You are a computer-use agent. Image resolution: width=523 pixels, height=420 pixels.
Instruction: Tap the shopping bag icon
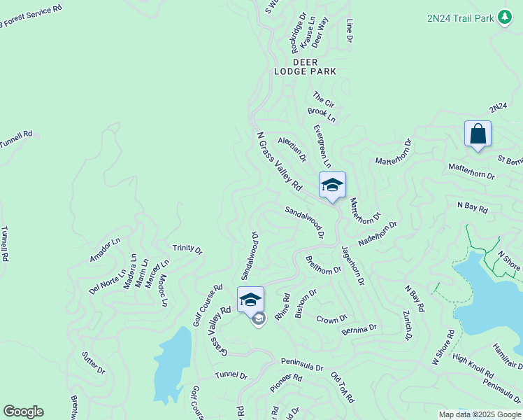coord(478,134)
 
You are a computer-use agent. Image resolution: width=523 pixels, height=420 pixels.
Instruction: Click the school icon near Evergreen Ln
coord(332,185)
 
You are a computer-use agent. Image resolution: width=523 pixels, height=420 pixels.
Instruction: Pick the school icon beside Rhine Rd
coord(250,300)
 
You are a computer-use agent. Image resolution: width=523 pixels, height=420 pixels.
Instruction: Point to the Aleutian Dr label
coord(292,148)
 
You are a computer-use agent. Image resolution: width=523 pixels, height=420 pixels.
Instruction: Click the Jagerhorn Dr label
coord(353,265)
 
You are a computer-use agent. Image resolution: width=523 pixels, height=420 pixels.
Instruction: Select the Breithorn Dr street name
coord(323,265)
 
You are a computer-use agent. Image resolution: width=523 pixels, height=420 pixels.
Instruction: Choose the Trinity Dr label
coord(187,249)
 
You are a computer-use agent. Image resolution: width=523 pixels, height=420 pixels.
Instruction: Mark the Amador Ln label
coord(105,250)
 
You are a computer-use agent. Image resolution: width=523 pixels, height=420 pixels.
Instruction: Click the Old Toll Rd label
coord(342,386)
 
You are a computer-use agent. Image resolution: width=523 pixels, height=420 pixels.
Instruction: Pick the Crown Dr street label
coord(331,319)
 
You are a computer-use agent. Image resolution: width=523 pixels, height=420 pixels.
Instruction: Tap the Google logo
coord(23,412)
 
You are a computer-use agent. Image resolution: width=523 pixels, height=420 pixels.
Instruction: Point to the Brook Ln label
coord(321,115)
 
